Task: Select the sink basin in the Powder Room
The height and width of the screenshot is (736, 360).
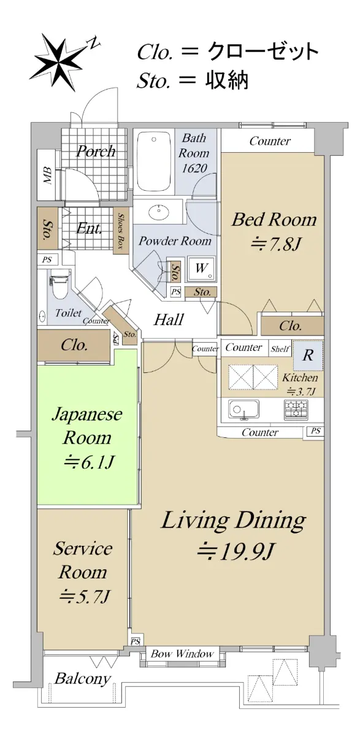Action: pyautogui.click(x=159, y=212)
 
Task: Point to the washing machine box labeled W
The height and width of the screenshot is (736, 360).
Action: pyautogui.click(x=201, y=269)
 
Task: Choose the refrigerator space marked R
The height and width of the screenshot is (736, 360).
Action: pyautogui.click(x=308, y=356)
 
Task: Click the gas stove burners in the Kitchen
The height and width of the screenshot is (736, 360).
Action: pyautogui.click(x=296, y=410)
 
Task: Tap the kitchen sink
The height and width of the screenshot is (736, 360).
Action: pyautogui.click(x=243, y=410)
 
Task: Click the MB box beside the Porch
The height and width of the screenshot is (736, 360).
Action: pyautogui.click(x=48, y=175)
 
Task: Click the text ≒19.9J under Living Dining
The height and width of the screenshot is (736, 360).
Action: pyautogui.click(x=234, y=551)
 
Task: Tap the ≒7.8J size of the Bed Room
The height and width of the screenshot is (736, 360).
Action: pyautogui.click(x=275, y=244)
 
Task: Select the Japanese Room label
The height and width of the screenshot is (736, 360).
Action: pyautogui.click(x=87, y=426)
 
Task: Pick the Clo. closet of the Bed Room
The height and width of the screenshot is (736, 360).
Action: pyautogui.click(x=293, y=326)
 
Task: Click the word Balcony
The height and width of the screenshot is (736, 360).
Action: pyautogui.click(x=82, y=678)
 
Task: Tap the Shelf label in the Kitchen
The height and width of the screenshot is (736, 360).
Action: pyautogui.click(x=280, y=348)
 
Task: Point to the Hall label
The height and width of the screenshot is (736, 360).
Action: pyautogui.click(x=169, y=319)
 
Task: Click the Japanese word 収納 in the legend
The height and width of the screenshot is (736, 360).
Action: pyautogui.click(x=227, y=80)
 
